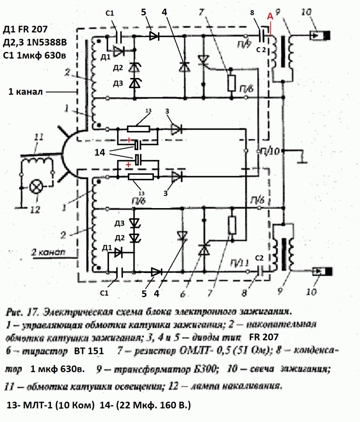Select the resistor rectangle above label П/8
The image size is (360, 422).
(231, 83)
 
